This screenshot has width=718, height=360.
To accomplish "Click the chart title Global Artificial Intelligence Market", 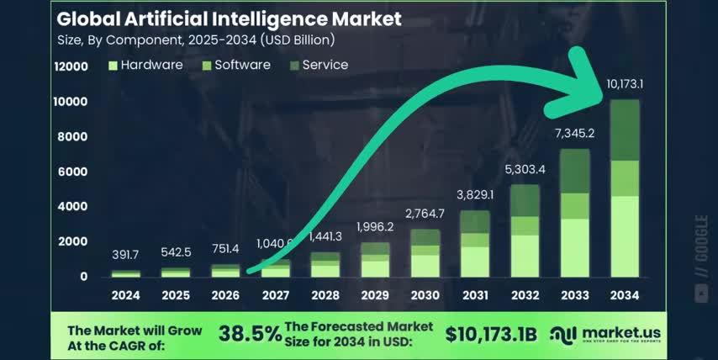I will click(229, 18).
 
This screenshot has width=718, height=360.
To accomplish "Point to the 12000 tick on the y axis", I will click(71, 66).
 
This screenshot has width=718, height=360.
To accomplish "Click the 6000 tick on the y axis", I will click(74, 172).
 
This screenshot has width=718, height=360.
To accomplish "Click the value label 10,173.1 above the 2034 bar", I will click(625, 84).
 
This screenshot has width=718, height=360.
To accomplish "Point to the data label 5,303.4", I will click(525, 170).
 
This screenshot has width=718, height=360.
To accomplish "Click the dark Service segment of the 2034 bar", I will click(625, 130).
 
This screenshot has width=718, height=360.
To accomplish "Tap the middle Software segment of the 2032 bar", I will click(525, 225).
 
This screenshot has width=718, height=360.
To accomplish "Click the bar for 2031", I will click(474, 244).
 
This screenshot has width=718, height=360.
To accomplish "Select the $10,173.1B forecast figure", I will click(491, 334).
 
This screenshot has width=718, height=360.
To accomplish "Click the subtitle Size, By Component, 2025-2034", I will click(195, 40).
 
